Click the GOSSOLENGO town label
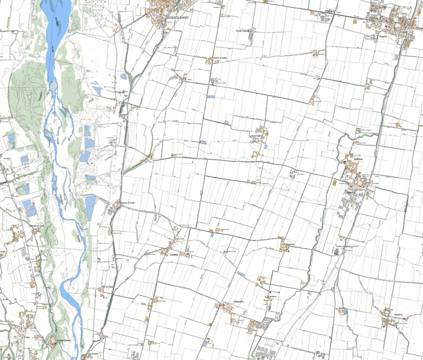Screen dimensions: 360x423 [178, 18]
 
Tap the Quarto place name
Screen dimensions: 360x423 [383, 36]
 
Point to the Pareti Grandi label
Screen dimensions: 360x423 [242, 31]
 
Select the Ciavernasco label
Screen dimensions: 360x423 [256, 136]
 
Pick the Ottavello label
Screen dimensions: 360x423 [238, 302]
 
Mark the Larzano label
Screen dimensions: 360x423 [272, 297]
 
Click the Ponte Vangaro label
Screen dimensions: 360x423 [343, 246]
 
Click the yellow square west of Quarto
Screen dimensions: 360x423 [355, 22]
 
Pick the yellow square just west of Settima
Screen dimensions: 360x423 [335, 182]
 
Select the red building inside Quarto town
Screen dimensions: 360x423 [387, 26]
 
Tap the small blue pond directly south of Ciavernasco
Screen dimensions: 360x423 [265, 146]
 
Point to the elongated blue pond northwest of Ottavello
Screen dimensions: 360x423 [241, 274]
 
